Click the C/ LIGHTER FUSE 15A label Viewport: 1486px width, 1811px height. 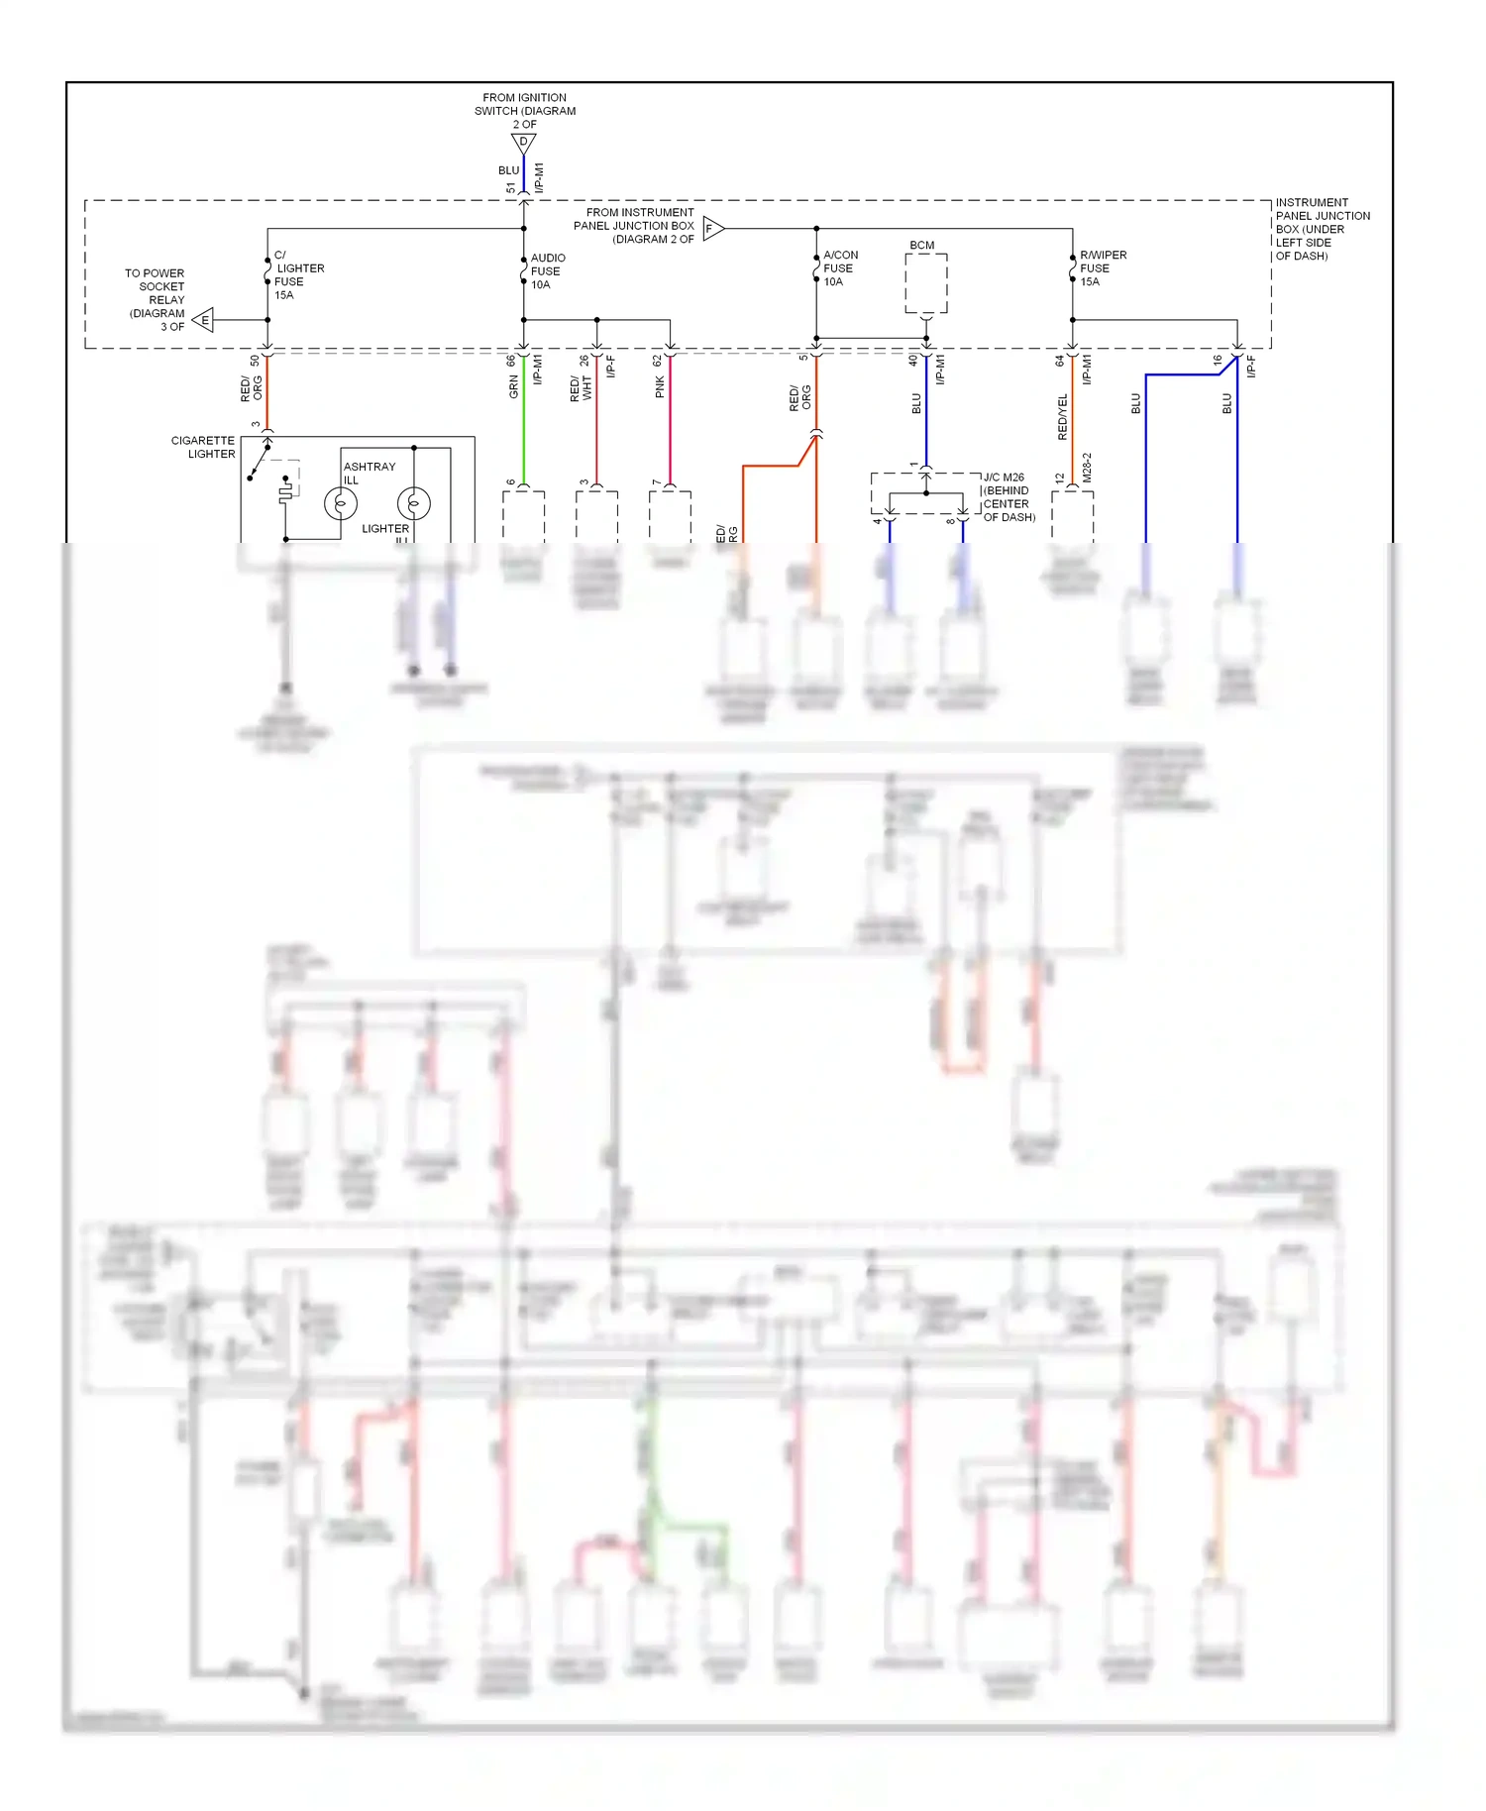pos(297,275)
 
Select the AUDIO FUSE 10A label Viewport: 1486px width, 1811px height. pos(547,271)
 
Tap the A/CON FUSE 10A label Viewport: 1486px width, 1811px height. pos(839,268)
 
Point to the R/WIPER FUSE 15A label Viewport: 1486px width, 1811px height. pos(1102,268)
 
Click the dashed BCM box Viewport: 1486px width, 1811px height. pos(926,283)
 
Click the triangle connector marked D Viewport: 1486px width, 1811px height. pos(523,144)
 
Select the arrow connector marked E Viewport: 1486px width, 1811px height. pos(203,320)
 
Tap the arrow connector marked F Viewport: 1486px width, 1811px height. pos(713,229)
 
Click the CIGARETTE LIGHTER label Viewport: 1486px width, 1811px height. pos(203,447)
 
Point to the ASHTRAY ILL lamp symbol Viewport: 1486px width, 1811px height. pos(341,504)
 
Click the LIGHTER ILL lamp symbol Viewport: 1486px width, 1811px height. pos(413,504)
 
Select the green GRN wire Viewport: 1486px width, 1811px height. pos(523,426)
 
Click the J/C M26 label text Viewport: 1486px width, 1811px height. pos(1005,478)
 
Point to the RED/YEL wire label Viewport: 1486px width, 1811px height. pos(1062,416)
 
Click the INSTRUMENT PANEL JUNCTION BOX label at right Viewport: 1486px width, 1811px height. pos(1322,229)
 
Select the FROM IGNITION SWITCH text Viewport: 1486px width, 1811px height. pos(524,105)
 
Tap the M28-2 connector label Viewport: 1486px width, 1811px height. pos(1087,468)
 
